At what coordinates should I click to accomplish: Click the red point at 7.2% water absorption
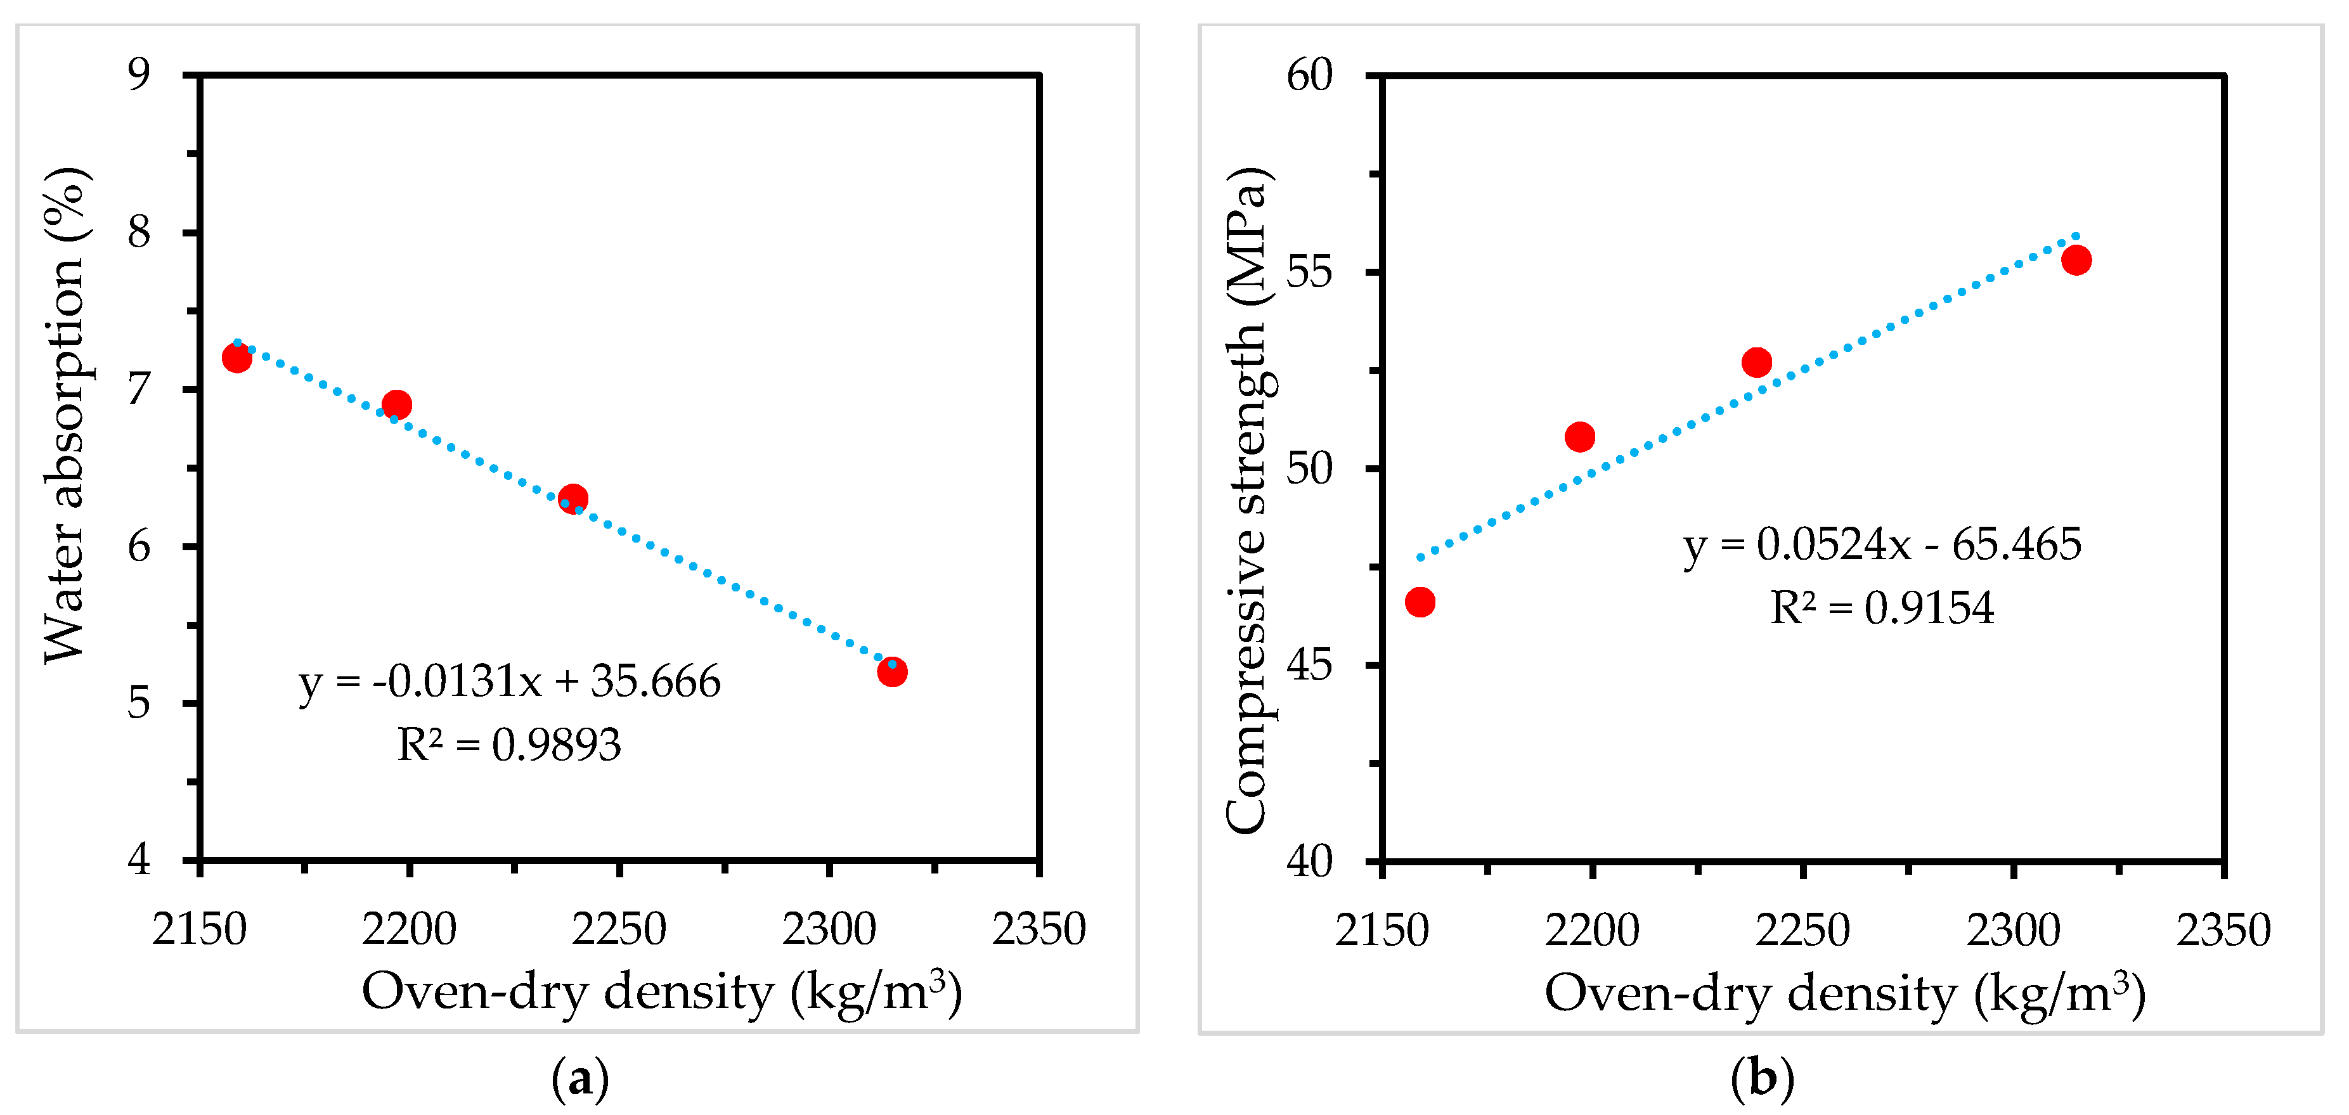click(x=236, y=358)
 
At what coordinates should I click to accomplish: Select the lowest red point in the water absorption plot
click(x=892, y=672)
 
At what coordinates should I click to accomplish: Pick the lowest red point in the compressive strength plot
click(x=1420, y=602)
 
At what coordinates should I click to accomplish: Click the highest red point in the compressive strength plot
click(x=2076, y=261)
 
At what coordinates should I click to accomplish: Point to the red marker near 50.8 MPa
click(x=1579, y=437)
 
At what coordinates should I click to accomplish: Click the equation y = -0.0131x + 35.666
click(x=510, y=681)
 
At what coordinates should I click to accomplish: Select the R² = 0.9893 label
click(x=509, y=745)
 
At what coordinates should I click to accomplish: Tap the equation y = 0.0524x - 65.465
click(x=1882, y=545)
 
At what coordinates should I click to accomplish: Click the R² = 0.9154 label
click(x=1882, y=608)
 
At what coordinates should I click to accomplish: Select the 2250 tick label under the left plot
click(x=619, y=930)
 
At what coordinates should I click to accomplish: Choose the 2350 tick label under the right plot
click(x=2223, y=930)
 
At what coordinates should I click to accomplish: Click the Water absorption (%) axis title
click(x=66, y=415)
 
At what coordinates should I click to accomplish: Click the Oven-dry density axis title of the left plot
click(x=662, y=992)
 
